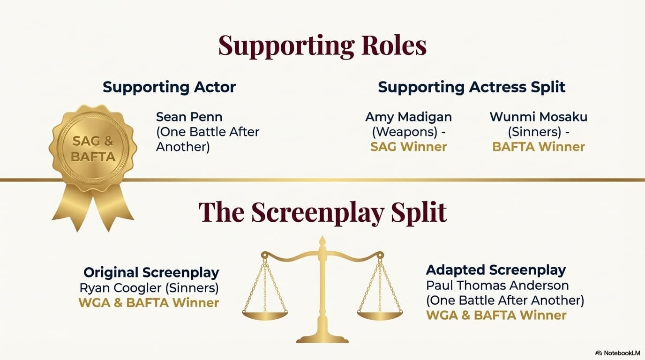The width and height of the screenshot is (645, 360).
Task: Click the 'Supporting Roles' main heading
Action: pos(322,46)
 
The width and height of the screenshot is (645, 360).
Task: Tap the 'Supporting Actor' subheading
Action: pos(169,87)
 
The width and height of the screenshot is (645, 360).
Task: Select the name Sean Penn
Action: pos(189,117)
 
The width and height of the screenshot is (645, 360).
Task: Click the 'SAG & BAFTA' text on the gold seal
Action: pos(93,149)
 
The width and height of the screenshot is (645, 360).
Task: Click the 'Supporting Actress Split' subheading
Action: pos(472,87)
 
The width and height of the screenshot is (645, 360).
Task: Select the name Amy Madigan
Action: pos(409,117)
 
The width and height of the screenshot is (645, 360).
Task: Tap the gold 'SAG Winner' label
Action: pos(409,147)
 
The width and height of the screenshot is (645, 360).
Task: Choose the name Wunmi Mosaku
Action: pos(539,117)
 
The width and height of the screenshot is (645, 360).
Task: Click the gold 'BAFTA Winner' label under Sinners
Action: pos(539,147)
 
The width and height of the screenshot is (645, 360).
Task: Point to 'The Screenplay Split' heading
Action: pos(322,212)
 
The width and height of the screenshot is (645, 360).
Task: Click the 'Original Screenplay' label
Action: pos(151,272)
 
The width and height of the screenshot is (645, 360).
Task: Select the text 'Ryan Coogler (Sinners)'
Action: pos(149,288)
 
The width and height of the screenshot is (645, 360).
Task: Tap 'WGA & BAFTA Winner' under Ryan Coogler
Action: pos(149,303)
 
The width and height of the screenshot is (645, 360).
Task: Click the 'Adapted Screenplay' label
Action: pos(496,270)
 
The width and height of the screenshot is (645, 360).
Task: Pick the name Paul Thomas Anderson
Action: pos(497,285)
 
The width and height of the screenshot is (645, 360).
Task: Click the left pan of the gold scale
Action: pos(265,316)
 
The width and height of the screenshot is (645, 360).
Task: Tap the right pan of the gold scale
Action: pos(380,316)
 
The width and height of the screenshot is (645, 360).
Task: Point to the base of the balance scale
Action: pos(322,339)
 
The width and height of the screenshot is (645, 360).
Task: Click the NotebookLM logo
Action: pos(616,353)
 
